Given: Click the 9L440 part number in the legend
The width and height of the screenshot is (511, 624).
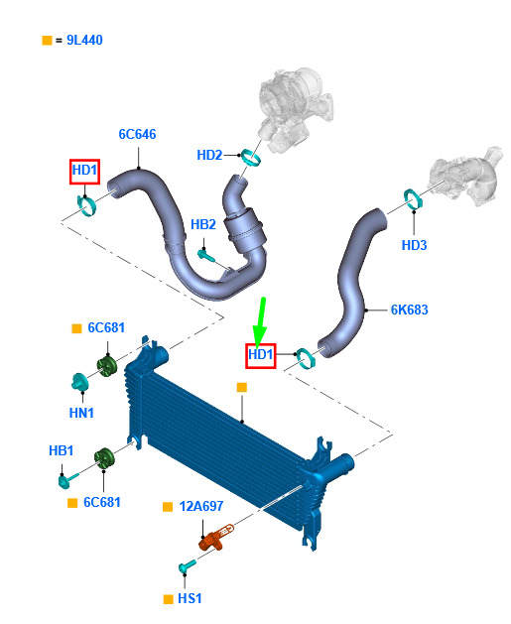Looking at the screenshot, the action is [84, 41].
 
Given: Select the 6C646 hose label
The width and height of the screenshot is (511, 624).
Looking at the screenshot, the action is [137, 134].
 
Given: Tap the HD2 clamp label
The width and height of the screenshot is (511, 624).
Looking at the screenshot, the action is [209, 155].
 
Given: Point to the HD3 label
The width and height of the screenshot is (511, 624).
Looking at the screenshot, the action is [414, 245].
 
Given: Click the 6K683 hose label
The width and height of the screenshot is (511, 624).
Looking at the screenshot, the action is [409, 310].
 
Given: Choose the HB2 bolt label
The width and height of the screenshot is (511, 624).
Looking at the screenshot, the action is [203, 224].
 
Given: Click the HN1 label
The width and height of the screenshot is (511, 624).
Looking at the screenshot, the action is [81, 413].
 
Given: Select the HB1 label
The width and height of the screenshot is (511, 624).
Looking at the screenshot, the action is [61, 451].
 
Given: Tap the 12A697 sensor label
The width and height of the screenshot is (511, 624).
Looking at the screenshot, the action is [201, 506].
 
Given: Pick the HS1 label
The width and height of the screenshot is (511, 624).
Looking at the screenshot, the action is [190, 598].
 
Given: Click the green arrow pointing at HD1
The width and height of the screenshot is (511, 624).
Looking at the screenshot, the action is [260, 321].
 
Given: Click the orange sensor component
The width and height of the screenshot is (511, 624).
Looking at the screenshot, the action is [215, 538].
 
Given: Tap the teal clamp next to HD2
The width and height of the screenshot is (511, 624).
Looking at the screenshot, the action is [251, 157].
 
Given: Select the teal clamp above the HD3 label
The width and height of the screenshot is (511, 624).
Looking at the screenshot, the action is [413, 198].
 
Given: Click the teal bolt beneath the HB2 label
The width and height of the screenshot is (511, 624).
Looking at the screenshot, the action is [206, 255].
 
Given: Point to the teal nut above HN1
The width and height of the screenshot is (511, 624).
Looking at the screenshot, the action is [79, 382].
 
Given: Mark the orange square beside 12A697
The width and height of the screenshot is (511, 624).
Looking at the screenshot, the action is [168, 507].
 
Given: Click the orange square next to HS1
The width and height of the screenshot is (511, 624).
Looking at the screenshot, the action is [169, 599].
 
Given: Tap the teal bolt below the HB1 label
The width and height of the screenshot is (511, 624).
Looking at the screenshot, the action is [67, 479].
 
